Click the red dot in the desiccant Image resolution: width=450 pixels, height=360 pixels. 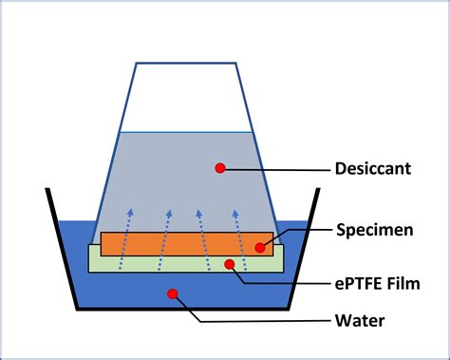click(x=220, y=168)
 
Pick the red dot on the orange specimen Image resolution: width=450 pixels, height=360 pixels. click(x=259, y=248)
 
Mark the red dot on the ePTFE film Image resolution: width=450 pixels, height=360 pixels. click(x=228, y=262)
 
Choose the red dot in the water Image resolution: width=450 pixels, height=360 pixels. click(x=172, y=293)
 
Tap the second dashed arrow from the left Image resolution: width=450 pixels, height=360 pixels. click(x=164, y=237)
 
